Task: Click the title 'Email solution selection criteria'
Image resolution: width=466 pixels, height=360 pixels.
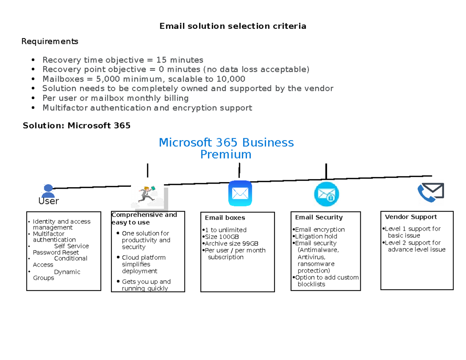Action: pos(233,26)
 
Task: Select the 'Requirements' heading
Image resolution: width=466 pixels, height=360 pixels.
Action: pos(50,41)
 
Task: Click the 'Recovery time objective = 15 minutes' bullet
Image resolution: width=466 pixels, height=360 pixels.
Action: pos(123,60)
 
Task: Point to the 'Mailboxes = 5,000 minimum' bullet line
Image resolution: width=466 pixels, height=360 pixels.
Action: pos(144,79)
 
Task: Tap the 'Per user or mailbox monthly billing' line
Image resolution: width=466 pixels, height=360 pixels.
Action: pos(115,98)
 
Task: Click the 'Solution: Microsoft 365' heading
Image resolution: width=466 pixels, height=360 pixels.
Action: pos(77,125)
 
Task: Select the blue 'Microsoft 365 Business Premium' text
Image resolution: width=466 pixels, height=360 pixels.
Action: pos(226,148)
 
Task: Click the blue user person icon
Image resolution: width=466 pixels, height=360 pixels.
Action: pos(48,190)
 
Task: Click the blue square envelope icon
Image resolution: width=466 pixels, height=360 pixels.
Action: pos(240,193)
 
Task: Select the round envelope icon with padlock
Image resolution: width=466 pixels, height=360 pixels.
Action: pos(326,194)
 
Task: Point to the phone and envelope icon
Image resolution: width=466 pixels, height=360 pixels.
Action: pos(430,193)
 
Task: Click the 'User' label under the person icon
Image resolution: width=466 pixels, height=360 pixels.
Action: pos(49,201)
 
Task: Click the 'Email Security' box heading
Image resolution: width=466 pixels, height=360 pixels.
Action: pos(319,217)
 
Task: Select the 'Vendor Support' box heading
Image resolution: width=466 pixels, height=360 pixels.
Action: pos(410,217)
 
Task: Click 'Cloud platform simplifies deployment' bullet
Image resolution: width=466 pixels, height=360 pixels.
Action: pos(143,264)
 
